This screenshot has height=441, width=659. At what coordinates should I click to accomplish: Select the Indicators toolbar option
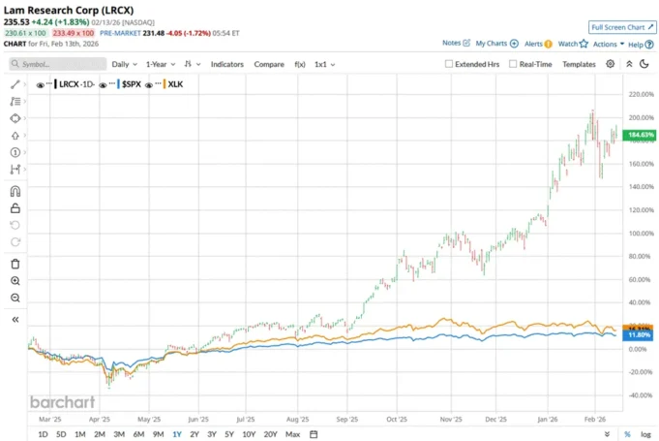tap(227, 64)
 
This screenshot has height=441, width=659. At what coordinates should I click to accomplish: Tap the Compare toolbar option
tap(269, 64)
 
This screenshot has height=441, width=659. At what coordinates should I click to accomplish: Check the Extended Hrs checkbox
tap(449, 64)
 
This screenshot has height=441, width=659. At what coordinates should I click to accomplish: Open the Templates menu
tap(579, 64)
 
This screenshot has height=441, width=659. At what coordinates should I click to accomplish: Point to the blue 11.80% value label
tap(641, 334)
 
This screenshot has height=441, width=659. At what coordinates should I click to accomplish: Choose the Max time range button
tap(292, 434)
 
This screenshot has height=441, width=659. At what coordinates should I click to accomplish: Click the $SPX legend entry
tap(131, 85)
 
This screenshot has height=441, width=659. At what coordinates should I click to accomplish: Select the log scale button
tap(645, 434)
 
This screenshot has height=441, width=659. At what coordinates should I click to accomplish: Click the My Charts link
tap(492, 44)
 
